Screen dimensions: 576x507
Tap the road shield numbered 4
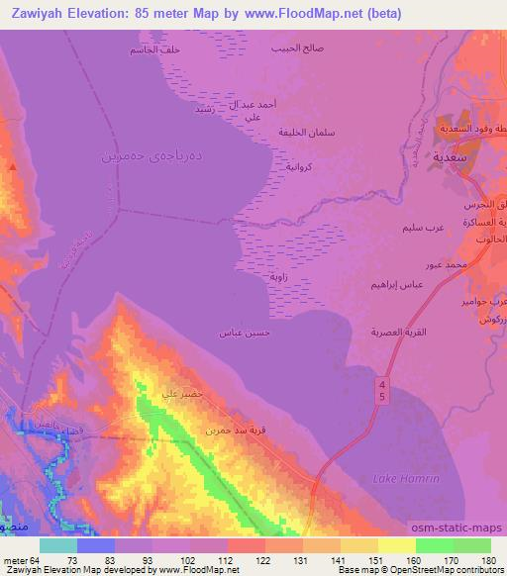pyautogui.click(x=382, y=382)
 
